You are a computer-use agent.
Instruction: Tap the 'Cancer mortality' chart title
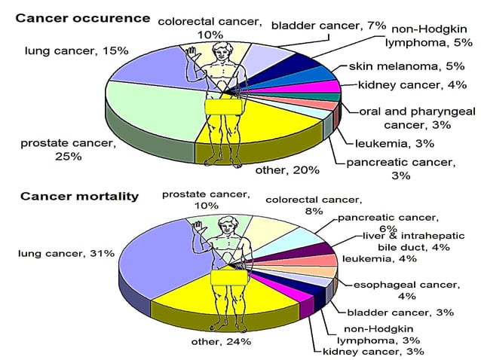79,197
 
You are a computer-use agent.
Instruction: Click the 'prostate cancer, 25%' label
68,150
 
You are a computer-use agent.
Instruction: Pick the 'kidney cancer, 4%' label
401,84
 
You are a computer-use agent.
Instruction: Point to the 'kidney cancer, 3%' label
373,351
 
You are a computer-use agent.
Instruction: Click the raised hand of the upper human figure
191,51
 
